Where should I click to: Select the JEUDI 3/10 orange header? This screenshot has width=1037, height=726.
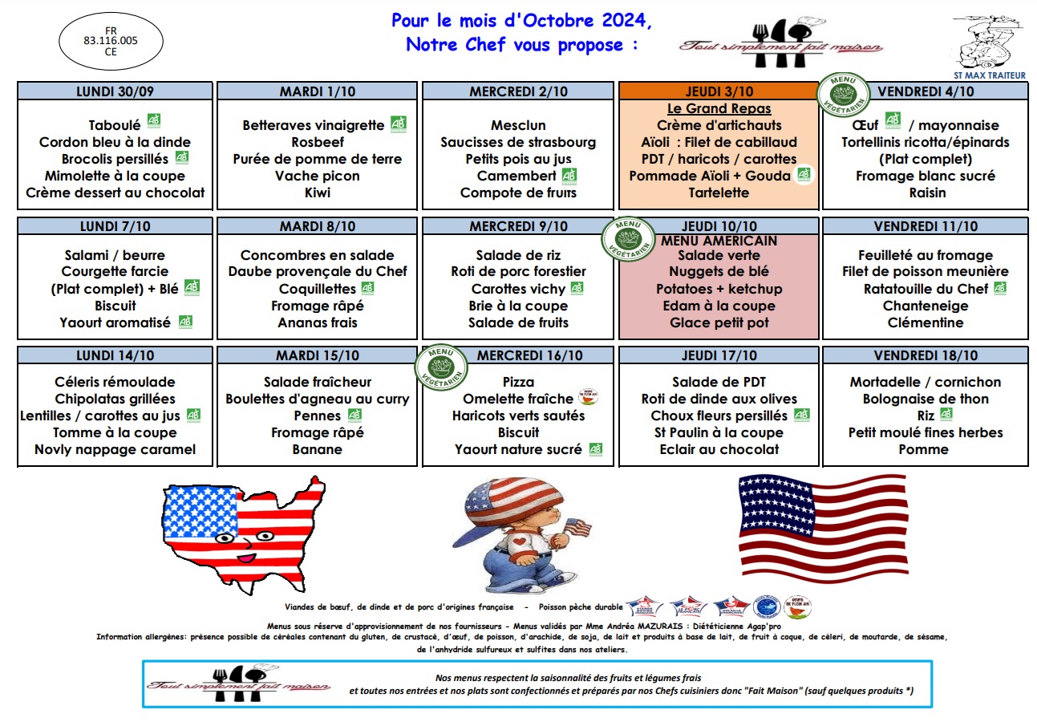point(719,91)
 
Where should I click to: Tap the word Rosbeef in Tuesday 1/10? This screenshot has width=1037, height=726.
point(317,142)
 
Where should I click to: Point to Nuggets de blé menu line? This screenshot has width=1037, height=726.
point(719,272)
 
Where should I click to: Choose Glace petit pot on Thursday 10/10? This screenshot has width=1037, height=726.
point(719,322)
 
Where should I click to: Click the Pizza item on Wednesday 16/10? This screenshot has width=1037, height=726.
point(517,382)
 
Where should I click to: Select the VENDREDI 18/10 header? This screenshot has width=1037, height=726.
point(925,355)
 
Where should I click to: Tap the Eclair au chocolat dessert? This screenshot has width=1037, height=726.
point(719,449)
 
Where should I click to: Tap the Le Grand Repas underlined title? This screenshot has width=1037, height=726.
point(719,108)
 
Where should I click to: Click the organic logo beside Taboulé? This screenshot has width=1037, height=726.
point(154,121)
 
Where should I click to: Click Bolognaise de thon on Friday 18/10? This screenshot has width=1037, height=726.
point(925,399)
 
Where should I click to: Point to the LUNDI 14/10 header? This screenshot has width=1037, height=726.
point(115,355)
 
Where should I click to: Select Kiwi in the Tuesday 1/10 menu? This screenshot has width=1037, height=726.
point(317,193)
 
